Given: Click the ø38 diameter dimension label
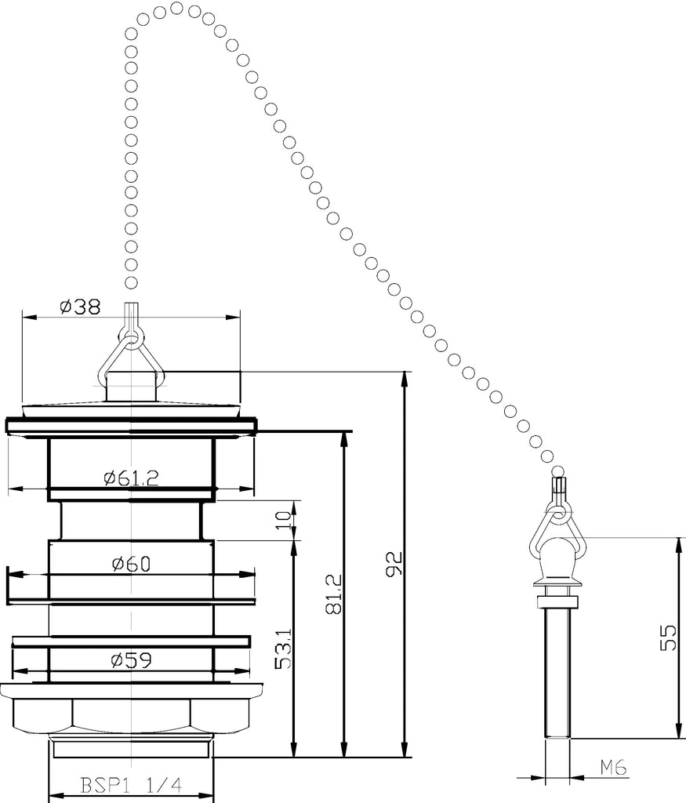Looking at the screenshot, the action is [x=81, y=307].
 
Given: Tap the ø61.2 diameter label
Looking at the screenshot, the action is [x=132, y=478].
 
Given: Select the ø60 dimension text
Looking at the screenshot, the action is [x=131, y=564].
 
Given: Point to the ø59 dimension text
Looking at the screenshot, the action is [x=132, y=660].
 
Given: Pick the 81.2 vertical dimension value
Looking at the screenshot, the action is [x=333, y=594].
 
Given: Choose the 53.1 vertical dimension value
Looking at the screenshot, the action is [x=283, y=649].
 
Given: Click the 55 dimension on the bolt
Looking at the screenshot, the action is [x=667, y=637].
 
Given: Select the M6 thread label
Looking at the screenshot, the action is [x=613, y=767].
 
